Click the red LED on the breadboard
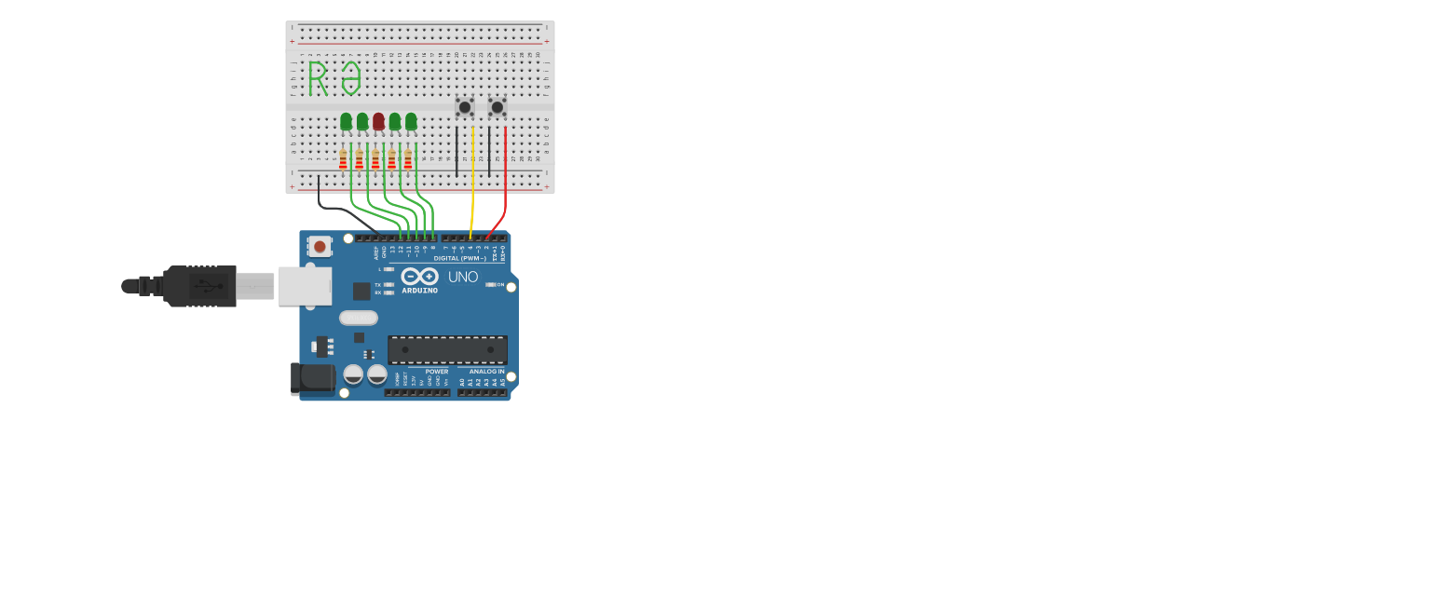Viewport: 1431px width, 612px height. coord(378,121)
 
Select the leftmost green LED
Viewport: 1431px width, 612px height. coord(347,121)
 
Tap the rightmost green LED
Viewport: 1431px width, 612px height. coord(411,121)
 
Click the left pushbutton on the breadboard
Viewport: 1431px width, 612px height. coord(465,107)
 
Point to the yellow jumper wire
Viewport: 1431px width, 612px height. coord(473,177)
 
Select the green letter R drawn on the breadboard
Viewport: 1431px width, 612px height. coord(318,79)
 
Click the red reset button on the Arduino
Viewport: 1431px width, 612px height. coord(320,247)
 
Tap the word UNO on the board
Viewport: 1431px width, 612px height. coord(463,278)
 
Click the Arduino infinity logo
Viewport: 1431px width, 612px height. coord(419,277)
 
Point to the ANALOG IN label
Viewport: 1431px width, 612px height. coord(486,372)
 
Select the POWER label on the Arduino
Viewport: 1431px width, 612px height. coord(437,372)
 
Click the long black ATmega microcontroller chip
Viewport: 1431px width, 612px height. coord(447,349)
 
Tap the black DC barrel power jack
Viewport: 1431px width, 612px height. coord(313,378)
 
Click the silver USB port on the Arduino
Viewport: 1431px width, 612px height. coord(305,286)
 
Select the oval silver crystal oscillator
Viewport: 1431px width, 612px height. coord(359,318)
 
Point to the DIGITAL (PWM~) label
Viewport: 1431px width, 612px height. coord(459,258)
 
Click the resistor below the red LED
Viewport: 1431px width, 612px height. coord(375,159)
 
